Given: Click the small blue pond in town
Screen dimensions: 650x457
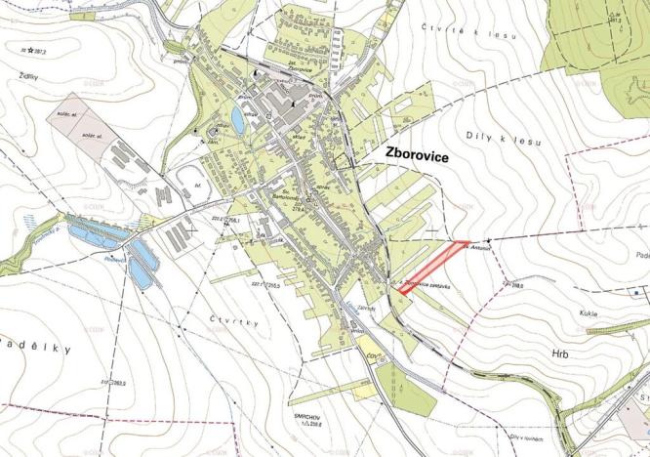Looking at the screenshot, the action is pyautogui.click(x=238, y=120).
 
